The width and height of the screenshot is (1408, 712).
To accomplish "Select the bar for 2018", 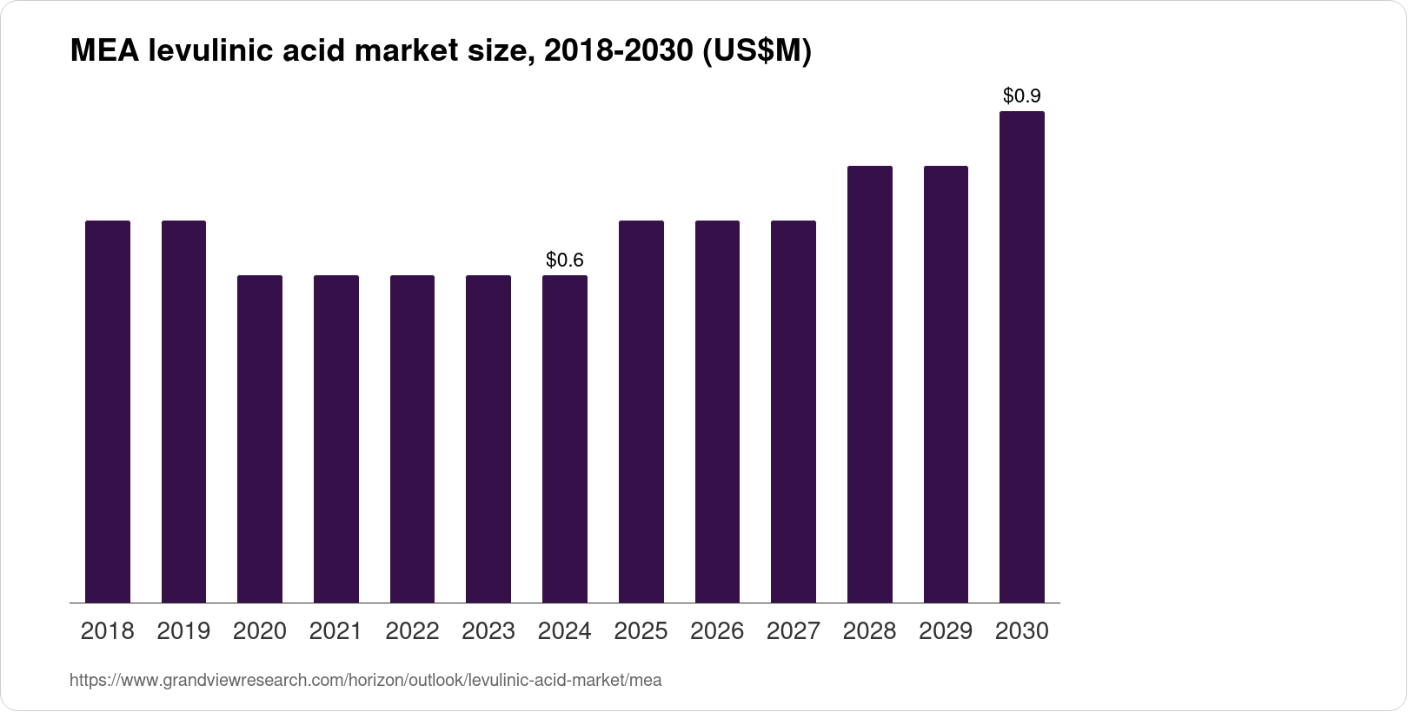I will pos(108,412).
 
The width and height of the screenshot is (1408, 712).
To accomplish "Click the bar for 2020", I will pos(260,438).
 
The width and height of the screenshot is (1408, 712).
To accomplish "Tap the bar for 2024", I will pos(565,438).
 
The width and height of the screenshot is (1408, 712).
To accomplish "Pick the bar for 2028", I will pos(869,384).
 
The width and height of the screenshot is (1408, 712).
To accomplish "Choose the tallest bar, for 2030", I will pos(1022,357).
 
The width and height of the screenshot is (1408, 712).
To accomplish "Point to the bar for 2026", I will pos(717,412).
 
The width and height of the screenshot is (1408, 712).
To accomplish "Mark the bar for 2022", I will pos(412,438).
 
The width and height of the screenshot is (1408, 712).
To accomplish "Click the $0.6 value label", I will pos(565,260).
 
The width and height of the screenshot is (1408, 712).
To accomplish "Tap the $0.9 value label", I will pos(1022,96).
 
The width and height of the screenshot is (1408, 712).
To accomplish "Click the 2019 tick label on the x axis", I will pos(183,631).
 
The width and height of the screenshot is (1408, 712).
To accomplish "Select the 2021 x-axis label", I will pos(335,631).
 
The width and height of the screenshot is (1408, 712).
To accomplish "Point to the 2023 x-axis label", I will pos(488,631).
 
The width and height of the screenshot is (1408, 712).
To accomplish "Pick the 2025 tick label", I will pos(641,631).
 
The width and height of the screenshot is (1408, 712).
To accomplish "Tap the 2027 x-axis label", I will pos(793,631).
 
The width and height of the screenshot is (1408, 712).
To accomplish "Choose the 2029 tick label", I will pos(946,631).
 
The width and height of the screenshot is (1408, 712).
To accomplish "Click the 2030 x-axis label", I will pos(1022,631).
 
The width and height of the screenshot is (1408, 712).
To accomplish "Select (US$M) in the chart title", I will pos(756,52).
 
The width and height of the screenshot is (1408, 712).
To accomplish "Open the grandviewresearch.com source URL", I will pos(365,681).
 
